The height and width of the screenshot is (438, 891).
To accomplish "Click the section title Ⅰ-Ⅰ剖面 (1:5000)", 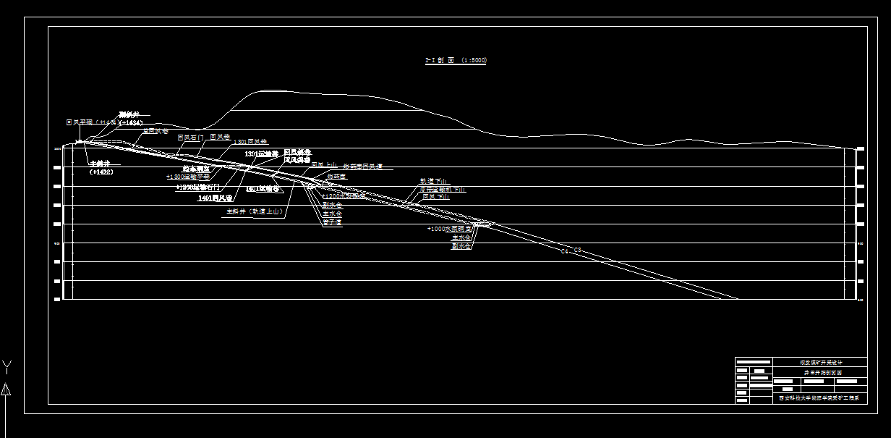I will point(456,61).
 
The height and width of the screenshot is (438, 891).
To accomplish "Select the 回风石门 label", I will point(191,137).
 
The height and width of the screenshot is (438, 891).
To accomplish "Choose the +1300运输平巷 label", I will point(187,177).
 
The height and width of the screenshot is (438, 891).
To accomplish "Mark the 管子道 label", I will point(332,222).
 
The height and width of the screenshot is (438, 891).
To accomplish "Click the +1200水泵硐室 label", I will point(344,196).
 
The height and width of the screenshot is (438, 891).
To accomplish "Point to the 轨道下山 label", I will point(434,181).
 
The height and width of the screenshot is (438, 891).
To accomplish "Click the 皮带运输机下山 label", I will point(443,189).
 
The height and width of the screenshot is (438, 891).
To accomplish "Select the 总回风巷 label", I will point(155,131).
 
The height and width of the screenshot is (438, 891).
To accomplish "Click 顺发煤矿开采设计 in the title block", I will point(821,362).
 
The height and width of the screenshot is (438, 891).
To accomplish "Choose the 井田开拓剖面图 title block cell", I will point(821,371).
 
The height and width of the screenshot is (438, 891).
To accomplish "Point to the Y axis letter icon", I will point(6,366).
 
